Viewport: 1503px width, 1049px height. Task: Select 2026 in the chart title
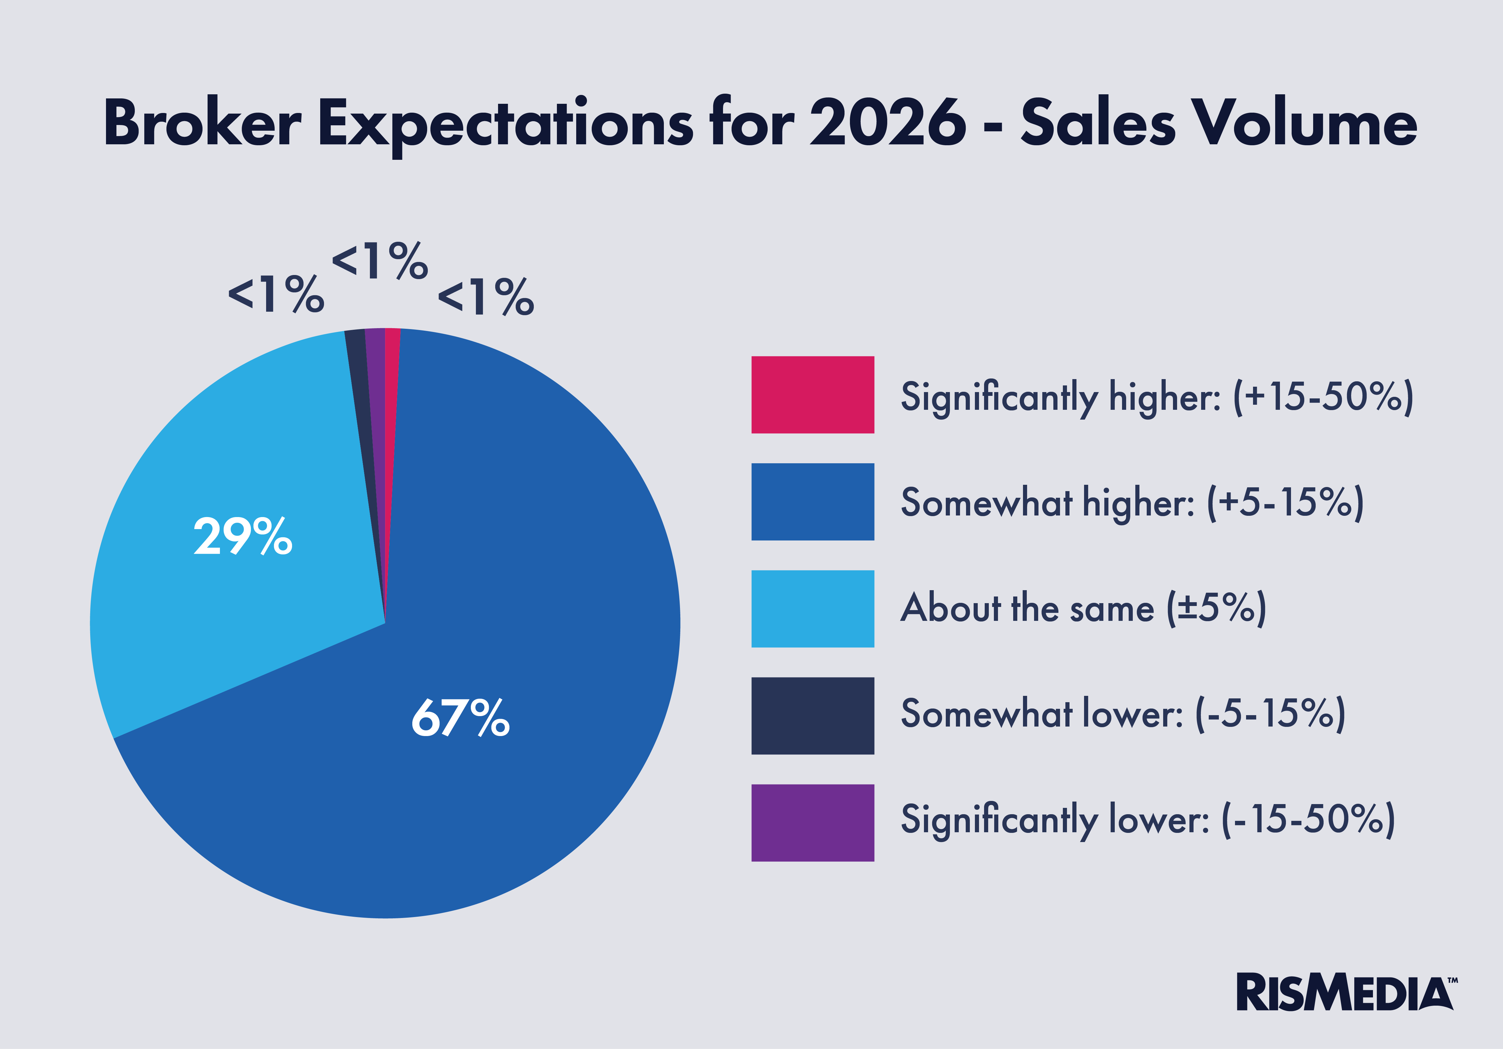[x=887, y=123]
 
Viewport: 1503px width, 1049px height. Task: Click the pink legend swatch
[x=812, y=395]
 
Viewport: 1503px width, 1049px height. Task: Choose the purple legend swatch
[x=812, y=822]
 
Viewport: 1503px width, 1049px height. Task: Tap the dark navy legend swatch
[x=812, y=716]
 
